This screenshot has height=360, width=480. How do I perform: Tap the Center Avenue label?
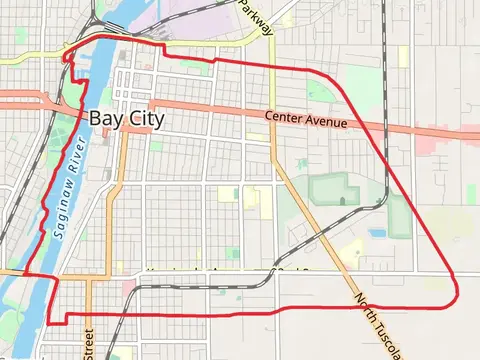tap(307, 120)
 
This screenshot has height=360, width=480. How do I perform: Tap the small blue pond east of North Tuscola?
tap(377, 233)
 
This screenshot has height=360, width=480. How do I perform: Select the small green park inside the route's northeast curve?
tap(318, 91)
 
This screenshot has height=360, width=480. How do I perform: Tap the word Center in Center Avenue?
tap(285, 117)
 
